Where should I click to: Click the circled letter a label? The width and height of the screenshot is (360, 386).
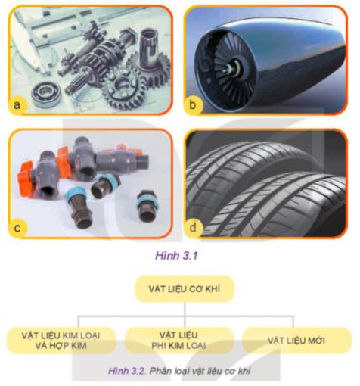17,106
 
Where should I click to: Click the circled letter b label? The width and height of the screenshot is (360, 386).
196,106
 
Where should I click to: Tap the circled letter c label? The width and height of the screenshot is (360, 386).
17,226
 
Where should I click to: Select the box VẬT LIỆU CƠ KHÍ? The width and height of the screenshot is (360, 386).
179,289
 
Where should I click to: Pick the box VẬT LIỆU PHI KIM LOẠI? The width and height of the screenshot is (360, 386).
179,339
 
